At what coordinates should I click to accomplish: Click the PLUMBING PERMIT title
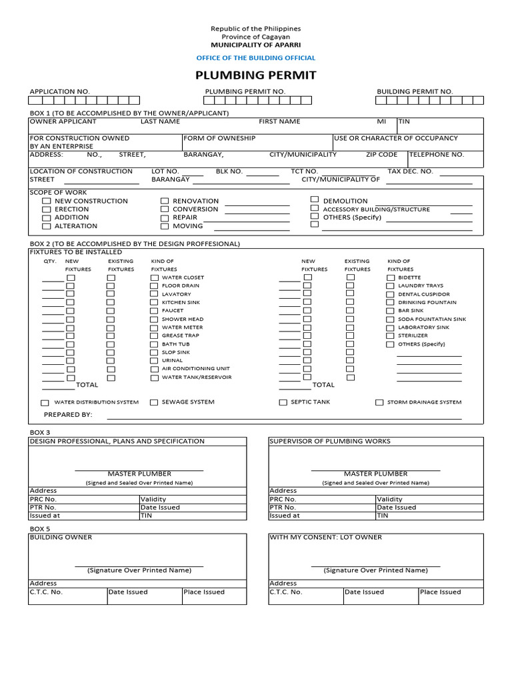point(255,75)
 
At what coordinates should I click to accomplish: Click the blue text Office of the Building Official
point(255,58)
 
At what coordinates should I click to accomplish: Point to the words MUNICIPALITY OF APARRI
point(255,45)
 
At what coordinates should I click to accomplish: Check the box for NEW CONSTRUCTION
point(46,201)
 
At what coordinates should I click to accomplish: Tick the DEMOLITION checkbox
point(315,199)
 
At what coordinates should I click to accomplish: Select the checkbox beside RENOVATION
point(165,201)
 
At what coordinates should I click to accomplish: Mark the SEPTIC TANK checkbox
point(283,403)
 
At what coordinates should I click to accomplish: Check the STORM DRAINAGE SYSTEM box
point(379,403)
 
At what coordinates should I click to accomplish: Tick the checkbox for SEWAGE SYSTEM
point(154,403)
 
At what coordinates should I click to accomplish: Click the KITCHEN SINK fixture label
point(181,302)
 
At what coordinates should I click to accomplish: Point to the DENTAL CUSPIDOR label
point(424,294)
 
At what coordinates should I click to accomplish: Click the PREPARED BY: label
point(68,415)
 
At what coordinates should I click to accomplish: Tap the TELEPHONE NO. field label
point(437,154)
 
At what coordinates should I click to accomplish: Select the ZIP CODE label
point(381,154)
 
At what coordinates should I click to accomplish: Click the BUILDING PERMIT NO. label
point(415,91)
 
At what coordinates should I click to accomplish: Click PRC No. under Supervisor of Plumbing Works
point(283,499)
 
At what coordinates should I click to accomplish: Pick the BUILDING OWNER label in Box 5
point(61,537)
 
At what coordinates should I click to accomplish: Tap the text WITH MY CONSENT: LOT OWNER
point(325,537)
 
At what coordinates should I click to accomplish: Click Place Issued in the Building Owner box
point(203,592)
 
